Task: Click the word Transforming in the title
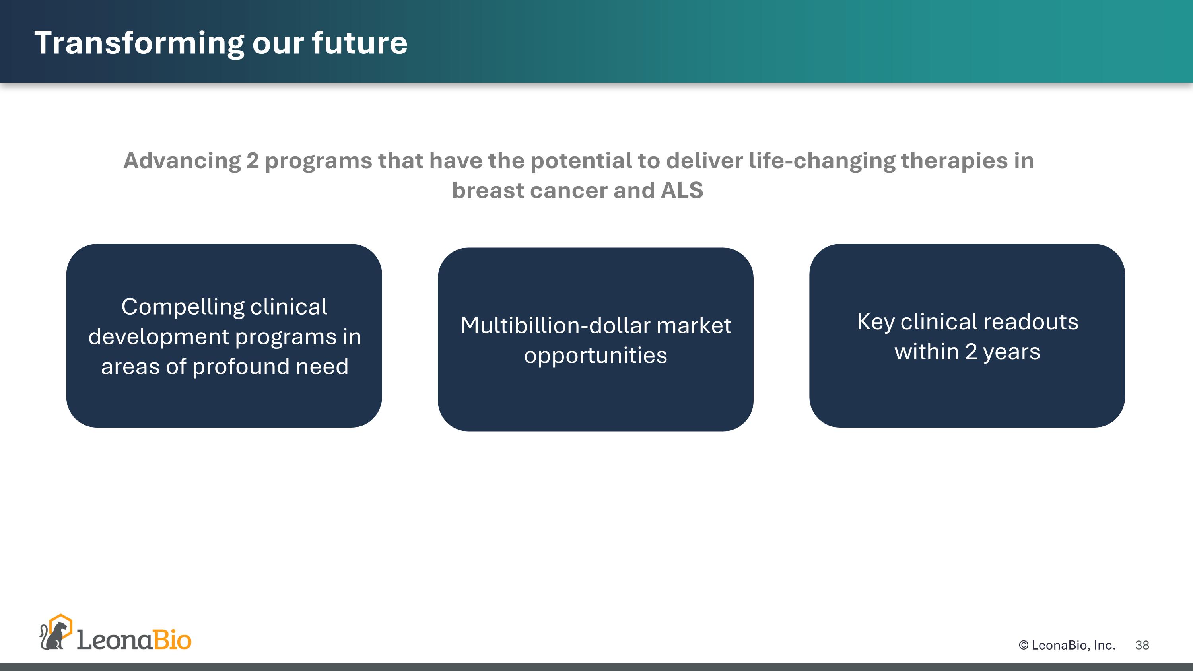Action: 139,43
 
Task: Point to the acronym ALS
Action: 682,191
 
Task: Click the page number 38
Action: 1142,645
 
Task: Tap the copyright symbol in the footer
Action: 1024,645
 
